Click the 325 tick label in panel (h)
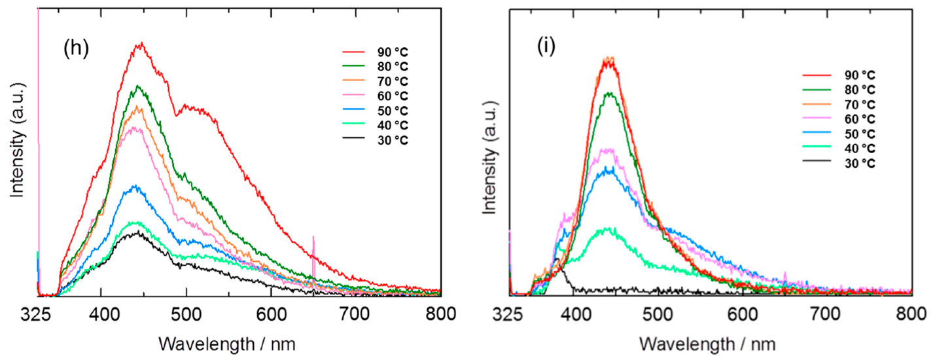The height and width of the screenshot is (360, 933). pyautogui.click(x=38, y=312)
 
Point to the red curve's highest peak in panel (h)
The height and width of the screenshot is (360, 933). pyautogui.click(x=140, y=44)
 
